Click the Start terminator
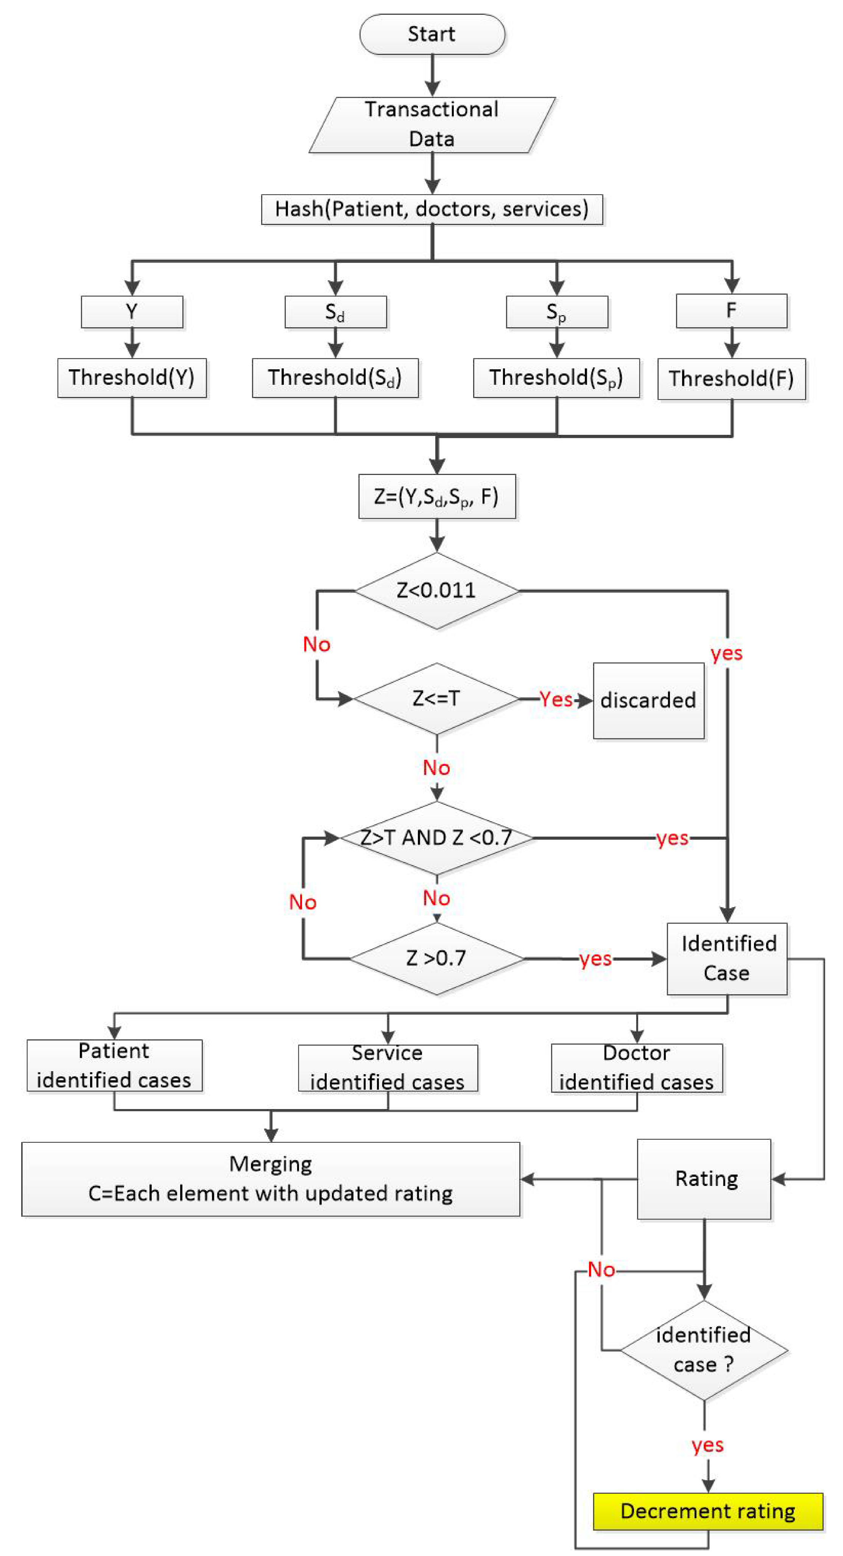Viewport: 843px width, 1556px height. point(432,34)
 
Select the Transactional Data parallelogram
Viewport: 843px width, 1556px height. point(432,125)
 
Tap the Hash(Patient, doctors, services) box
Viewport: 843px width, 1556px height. point(432,209)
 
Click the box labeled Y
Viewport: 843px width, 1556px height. point(132,312)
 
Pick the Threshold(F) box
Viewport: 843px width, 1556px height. point(731,379)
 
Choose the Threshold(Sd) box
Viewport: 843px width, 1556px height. point(335,378)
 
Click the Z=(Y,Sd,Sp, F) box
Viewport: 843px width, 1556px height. point(436,497)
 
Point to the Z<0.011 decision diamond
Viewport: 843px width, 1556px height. point(436,590)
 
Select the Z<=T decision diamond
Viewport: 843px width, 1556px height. point(436,699)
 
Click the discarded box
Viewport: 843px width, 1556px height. point(648,701)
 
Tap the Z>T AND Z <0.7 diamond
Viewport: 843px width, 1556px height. point(436,838)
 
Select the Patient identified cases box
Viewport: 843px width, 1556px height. point(114,1065)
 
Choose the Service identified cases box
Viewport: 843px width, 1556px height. point(388,1068)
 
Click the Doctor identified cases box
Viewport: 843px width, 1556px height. point(636,1068)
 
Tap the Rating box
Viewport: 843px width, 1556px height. point(704,1179)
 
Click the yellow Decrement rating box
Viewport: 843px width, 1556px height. point(708,1511)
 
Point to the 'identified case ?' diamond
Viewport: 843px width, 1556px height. point(704,1350)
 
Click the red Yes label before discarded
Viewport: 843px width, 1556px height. point(556,700)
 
